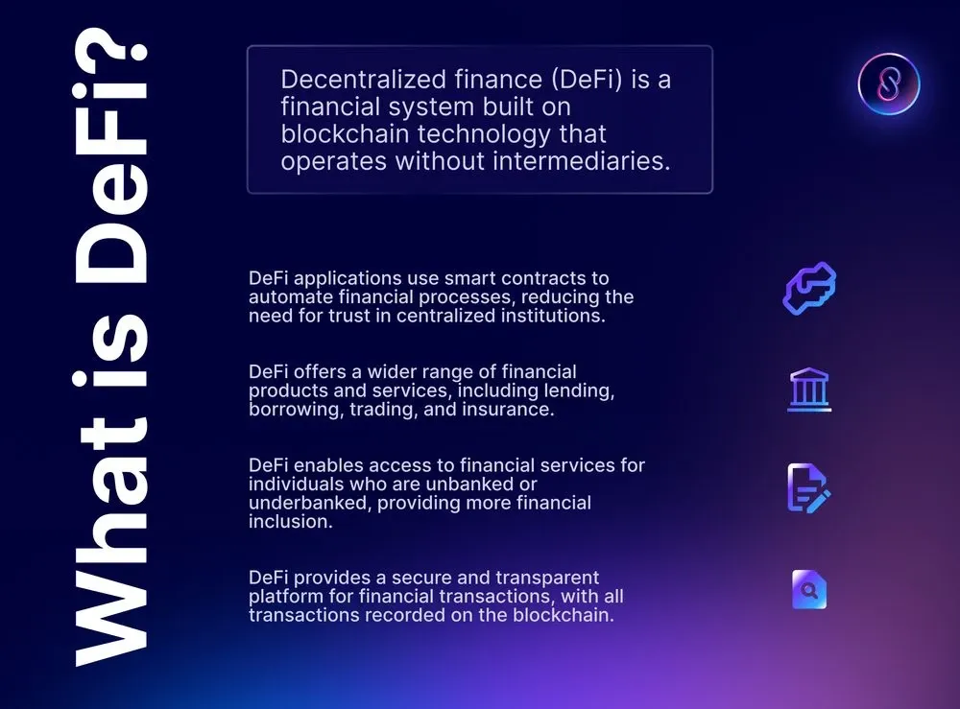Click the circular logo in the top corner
click(889, 83)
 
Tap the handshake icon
click(809, 289)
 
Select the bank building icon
click(809, 390)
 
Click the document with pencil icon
click(808, 487)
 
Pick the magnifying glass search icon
click(809, 589)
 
